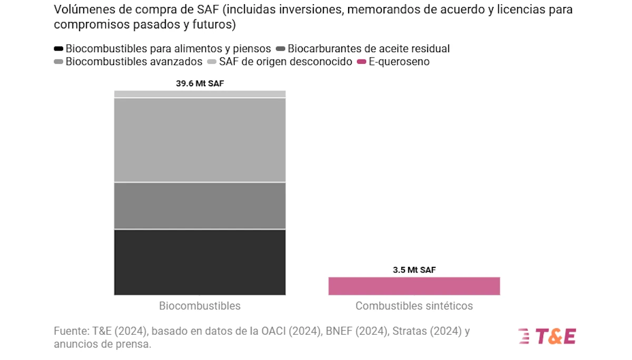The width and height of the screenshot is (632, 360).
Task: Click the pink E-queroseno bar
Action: [414, 286]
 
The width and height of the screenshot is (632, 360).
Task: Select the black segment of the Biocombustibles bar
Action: [200, 262]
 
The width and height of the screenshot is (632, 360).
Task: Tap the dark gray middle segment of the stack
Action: [200, 206]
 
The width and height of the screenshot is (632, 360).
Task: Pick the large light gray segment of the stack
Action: [200, 140]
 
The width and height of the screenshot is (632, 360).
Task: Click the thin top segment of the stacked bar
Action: [200, 94]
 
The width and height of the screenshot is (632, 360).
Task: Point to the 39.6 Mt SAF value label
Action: [200, 83]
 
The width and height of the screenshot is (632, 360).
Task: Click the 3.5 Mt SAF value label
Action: [414, 270]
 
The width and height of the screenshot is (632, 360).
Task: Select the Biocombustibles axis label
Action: [200, 306]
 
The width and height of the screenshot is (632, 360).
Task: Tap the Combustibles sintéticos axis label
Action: [414, 306]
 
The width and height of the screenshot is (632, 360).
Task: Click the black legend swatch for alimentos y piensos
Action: [58, 49]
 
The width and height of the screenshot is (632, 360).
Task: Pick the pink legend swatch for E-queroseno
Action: [361, 62]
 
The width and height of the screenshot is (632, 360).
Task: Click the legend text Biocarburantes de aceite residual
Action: [369, 49]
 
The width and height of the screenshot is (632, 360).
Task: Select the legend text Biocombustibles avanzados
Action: [134, 62]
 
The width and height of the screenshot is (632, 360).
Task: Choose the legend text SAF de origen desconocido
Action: [285, 62]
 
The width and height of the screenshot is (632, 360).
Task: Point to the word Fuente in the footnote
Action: [71, 332]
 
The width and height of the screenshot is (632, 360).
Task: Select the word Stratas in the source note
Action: [392, 332]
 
